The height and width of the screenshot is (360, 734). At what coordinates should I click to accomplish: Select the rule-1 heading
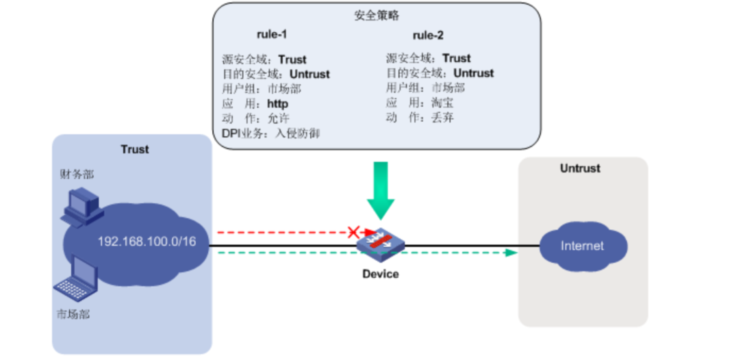point(273,34)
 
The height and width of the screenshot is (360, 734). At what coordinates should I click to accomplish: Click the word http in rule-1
point(277,103)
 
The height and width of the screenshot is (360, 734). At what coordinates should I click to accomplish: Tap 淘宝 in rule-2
point(442,103)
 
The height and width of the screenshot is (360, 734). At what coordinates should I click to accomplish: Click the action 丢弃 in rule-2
point(442,117)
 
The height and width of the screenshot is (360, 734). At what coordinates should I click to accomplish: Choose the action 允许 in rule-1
point(277,118)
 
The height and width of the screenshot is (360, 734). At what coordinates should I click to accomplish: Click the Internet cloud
point(582,246)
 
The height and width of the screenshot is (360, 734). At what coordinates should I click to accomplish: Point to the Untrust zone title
point(580,168)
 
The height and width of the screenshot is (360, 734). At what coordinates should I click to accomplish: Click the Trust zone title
point(135,149)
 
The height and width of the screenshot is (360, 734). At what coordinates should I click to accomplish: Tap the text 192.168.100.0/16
point(152,242)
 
